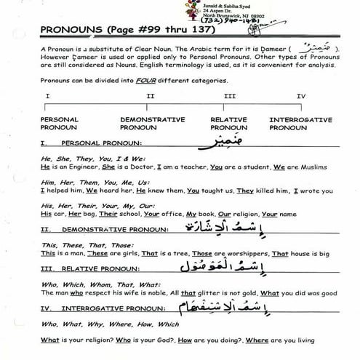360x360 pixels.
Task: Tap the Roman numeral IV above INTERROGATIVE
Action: click(x=300, y=97)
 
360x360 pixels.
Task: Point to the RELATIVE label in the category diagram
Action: click(x=228, y=119)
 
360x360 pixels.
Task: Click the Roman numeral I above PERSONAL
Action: click(x=47, y=97)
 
